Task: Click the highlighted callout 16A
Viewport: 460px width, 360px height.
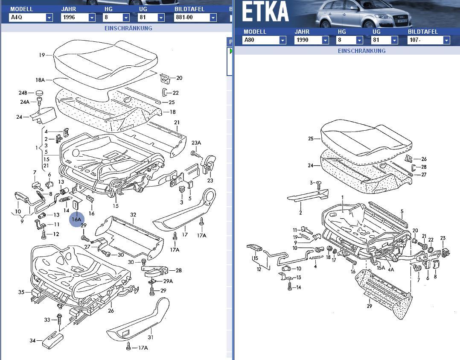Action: click(76, 219)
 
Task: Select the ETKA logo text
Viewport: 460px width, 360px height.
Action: click(265, 13)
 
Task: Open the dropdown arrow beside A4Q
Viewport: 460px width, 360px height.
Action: click(49, 18)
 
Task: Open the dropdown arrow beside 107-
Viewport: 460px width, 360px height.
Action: click(446, 40)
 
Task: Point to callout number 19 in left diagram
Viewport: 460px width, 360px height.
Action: click(42, 55)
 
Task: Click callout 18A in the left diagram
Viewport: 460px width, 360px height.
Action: click(40, 80)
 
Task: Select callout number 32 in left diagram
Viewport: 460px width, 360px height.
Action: click(133, 215)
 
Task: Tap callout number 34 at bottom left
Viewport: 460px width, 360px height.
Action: click(33, 340)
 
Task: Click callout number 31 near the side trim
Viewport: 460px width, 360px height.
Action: click(150, 337)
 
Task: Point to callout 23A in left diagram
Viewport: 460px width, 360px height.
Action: click(196, 143)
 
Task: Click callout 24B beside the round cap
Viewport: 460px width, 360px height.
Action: click(22, 93)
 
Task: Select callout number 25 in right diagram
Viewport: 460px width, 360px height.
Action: click(311, 138)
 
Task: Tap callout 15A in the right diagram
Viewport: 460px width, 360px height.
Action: click(380, 268)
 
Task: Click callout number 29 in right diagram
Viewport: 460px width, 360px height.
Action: click(369, 306)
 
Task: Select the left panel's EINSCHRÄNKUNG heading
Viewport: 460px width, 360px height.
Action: click(128, 28)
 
